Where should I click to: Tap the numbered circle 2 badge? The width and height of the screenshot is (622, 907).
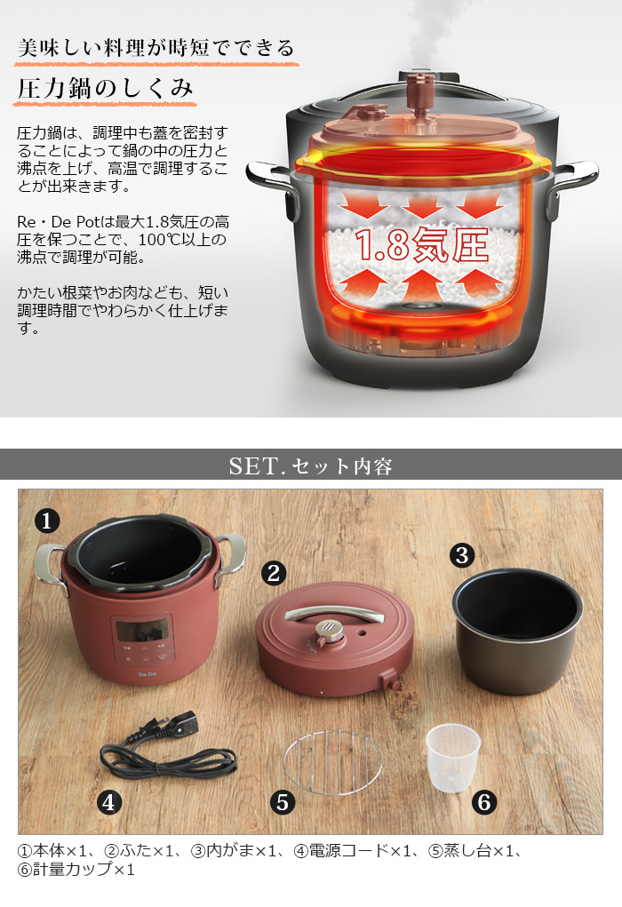point(274,573)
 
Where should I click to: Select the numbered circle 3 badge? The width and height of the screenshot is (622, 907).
point(460,556)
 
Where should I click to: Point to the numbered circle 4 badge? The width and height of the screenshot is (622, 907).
point(108,802)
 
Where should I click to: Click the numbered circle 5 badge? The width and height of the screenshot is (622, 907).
point(283,802)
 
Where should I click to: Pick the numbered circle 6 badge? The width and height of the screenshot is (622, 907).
point(483,802)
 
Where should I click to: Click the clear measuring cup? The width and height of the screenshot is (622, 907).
point(452,757)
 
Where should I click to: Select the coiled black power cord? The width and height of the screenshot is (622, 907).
point(169,751)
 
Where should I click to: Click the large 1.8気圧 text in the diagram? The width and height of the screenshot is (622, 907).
point(422,244)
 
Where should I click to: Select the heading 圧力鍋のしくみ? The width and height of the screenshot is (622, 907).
point(106,90)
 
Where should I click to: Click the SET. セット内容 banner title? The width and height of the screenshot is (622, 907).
point(310,465)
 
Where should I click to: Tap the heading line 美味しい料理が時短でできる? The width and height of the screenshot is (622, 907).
point(156,47)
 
